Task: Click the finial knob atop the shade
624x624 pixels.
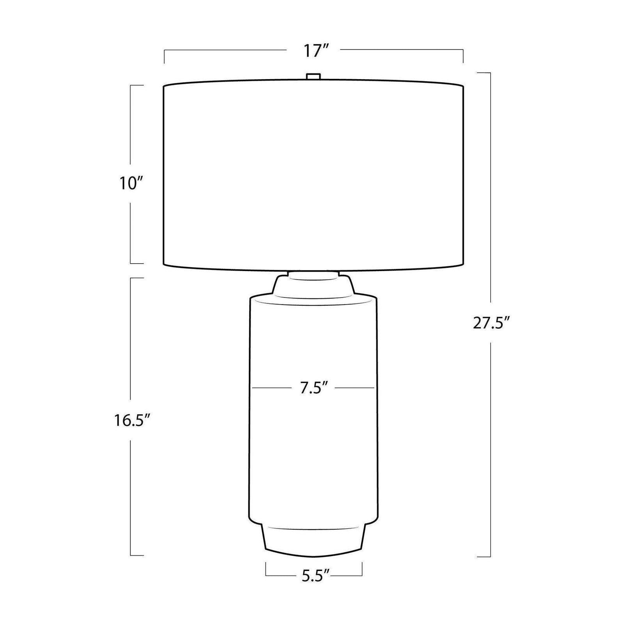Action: (313, 76)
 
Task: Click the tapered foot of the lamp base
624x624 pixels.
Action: (314, 542)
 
